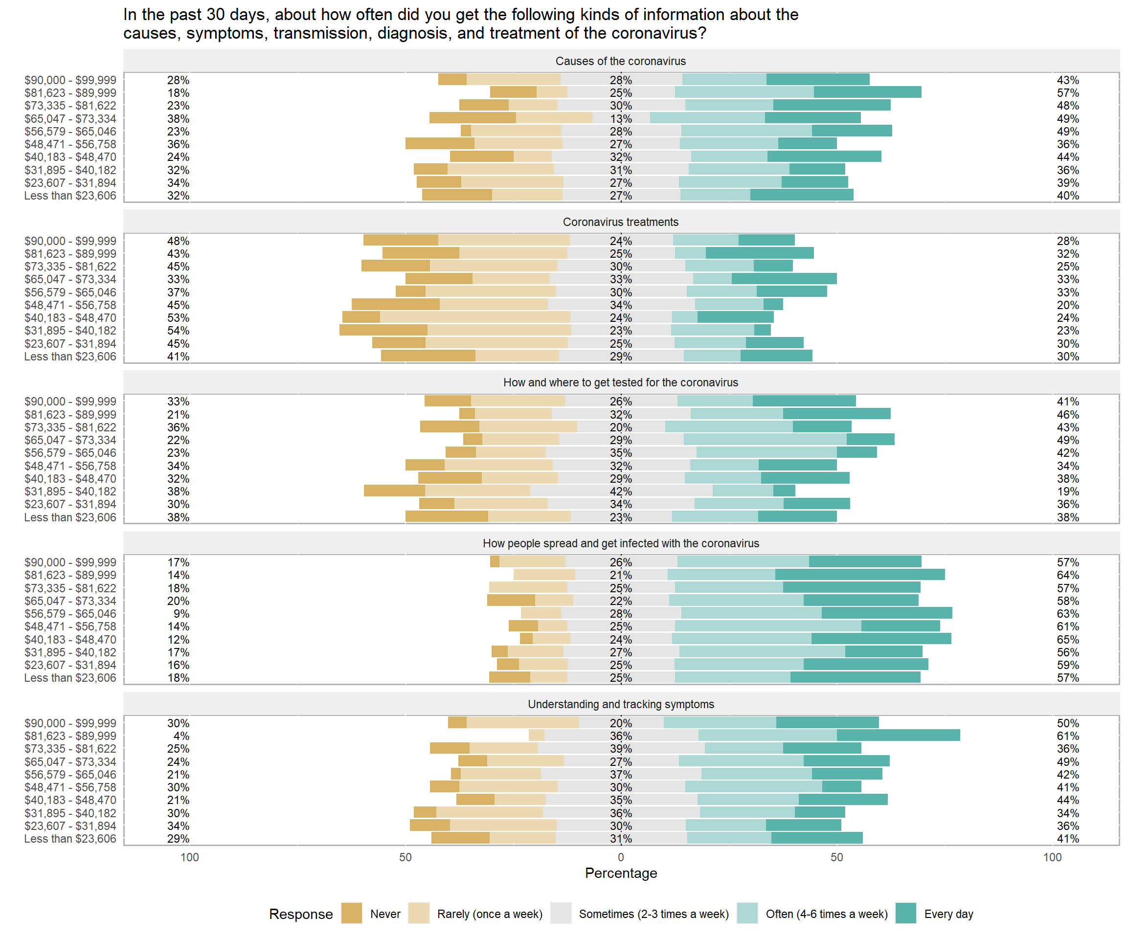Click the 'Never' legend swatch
(352, 913)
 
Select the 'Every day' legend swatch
(906, 913)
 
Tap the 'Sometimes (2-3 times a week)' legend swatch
(561, 913)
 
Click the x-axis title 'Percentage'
(621, 873)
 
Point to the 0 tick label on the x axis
(621, 857)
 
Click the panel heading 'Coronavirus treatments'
(621, 222)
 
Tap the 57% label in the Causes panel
(1067, 93)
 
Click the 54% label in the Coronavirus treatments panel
(178, 331)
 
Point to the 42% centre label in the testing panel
(621, 492)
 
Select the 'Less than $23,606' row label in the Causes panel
(70, 196)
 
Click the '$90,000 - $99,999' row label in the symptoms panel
(70, 723)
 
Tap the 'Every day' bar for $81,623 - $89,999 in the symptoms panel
(898, 735)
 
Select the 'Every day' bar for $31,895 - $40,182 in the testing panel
(784, 491)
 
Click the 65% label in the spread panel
(1067, 639)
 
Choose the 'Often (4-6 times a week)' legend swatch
(747, 913)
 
